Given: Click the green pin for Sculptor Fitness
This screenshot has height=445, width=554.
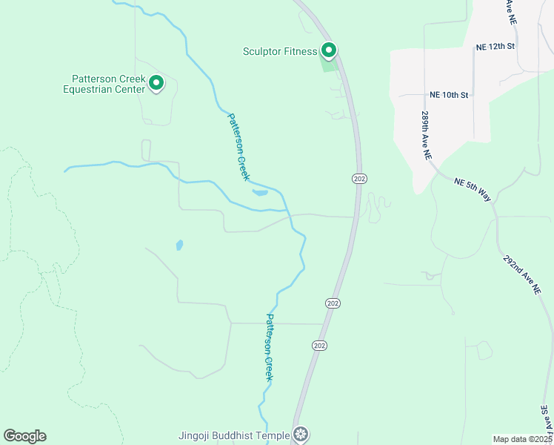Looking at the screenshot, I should point(329,50).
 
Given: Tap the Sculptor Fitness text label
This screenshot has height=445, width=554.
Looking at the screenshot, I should point(280,52).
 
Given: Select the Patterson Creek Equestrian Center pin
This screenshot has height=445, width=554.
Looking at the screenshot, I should point(156,83).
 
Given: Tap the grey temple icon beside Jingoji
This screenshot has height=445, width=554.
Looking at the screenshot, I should point(300,433).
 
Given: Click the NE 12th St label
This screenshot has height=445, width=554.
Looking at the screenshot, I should point(495,47).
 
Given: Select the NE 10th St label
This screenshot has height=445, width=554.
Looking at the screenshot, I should point(449,96).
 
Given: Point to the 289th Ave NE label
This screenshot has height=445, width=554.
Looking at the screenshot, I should point(426,137).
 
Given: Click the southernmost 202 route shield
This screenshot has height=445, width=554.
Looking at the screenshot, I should point(318,346).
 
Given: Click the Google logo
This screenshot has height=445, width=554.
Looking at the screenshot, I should point(24,436).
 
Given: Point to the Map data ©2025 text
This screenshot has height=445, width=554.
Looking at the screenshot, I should point(523,439).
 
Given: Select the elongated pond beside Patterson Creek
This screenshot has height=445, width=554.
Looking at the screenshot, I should point(260,193).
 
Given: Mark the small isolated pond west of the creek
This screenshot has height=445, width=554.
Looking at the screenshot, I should point(179,244).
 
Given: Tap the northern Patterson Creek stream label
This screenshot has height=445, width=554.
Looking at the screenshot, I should point(238,146).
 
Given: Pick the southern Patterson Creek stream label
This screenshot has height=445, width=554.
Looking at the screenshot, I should point(270,348).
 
